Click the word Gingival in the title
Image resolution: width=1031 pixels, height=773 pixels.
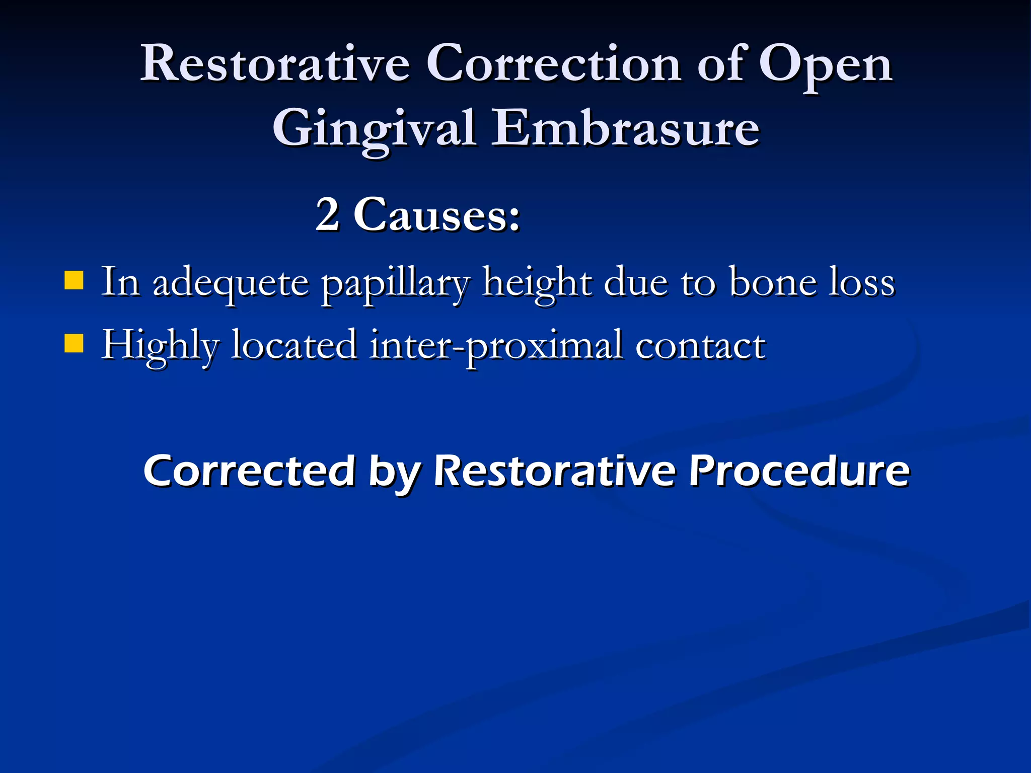(374, 129)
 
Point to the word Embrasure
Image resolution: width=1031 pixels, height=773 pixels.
(625, 128)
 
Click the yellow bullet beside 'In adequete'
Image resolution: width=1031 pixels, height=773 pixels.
(74, 281)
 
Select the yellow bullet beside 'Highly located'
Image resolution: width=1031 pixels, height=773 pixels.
(74, 344)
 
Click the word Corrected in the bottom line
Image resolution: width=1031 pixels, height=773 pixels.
(250, 471)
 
